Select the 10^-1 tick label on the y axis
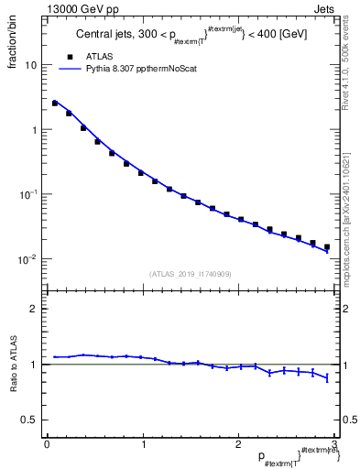28,194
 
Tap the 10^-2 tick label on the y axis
28,259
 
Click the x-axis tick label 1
142,443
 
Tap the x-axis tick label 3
333,443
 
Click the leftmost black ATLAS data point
55,104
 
